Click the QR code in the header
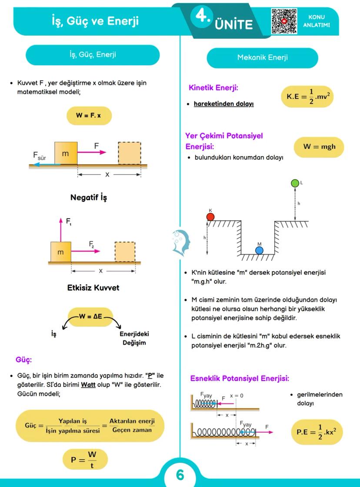pyautogui.click(x=284, y=21)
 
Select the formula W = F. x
pyautogui.click(x=89, y=116)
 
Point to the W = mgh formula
pyautogui.click(x=319, y=147)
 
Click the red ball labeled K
pyautogui.click(x=210, y=217)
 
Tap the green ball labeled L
pyautogui.click(x=295, y=183)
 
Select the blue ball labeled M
pyautogui.click(x=259, y=250)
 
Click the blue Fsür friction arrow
pyautogui.click(x=46, y=164)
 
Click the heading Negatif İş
pyautogui.click(x=89, y=198)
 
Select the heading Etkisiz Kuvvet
pyautogui.click(x=93, y=288)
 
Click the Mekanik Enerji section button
pyautogui.click(x=262, y=57)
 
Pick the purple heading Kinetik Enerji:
pyautogui.click(x=213, y=88)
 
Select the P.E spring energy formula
pyautogui.click(x=317, y=432)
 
